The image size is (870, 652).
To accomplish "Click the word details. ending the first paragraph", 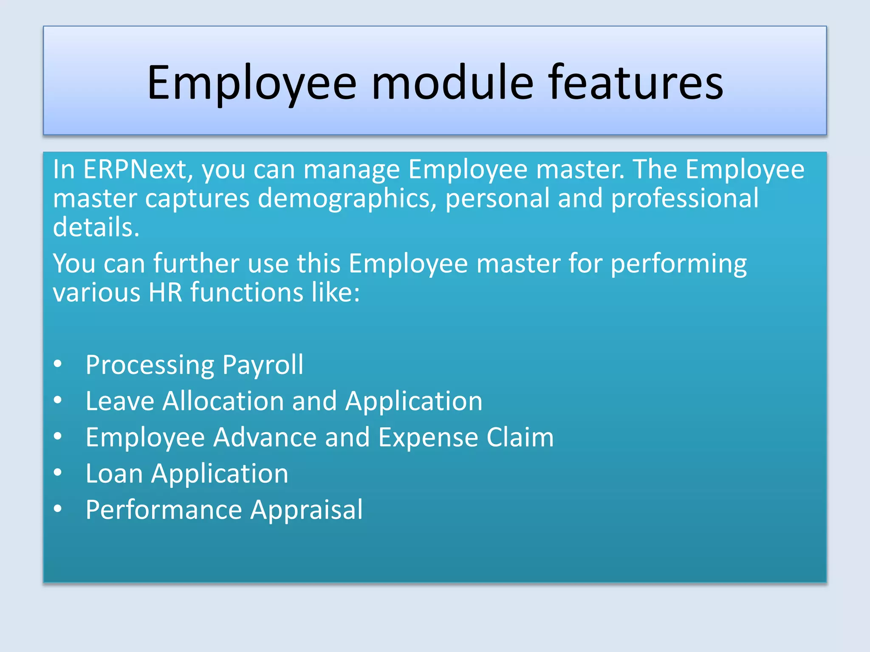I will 96,227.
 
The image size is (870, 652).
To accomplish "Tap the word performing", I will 678,264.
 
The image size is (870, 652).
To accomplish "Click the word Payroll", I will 263,365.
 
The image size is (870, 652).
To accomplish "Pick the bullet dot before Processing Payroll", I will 58,364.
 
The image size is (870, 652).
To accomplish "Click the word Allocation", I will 223,401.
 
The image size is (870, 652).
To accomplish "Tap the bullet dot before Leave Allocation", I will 58,400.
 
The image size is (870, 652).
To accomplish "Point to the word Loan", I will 114,473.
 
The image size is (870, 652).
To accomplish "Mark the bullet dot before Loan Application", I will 58,472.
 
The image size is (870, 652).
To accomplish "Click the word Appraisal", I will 306,510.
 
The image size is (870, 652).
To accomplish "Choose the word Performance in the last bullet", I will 164,510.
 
